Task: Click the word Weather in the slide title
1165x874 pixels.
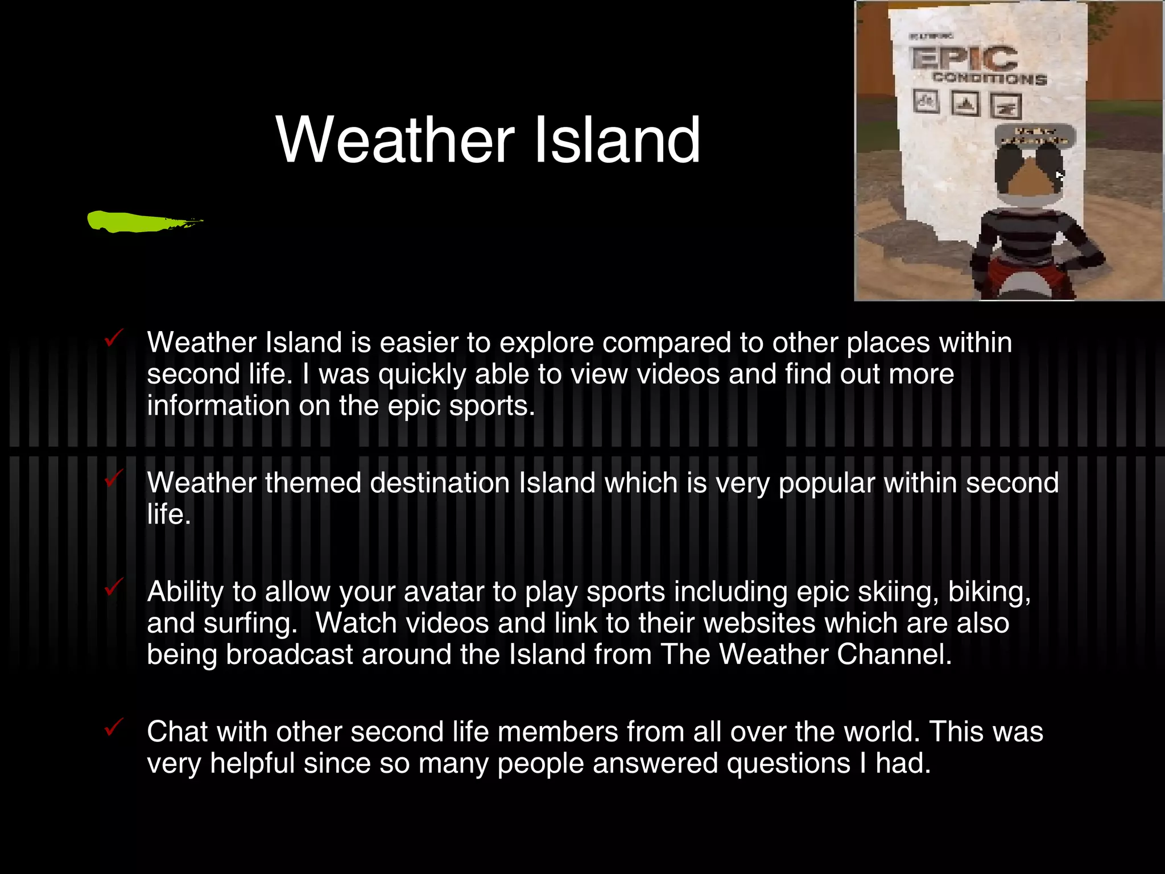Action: [395, 140]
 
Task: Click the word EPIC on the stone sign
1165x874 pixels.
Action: [964, 58]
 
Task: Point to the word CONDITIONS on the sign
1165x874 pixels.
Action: [989, 79]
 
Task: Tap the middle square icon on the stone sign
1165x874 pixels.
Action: [965, 104]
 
